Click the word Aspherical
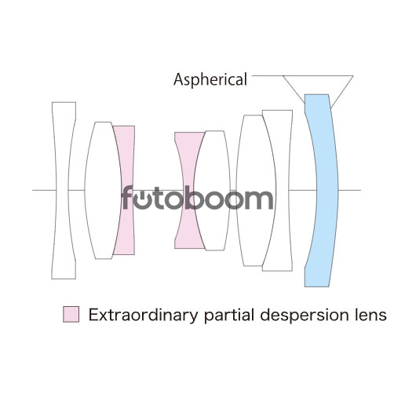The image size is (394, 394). [x=210, y=79]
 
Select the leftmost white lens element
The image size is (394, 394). [x=62, y=190]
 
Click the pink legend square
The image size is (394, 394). [x=71, y=314]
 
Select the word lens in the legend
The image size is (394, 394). [x=368, y=315]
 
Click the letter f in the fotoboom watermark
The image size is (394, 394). [x=127, y=198]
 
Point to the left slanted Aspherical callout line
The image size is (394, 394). [x=294, y=89]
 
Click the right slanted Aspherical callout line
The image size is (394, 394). [x=342, y=92]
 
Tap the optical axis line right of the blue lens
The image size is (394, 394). [x=350, y=190]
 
